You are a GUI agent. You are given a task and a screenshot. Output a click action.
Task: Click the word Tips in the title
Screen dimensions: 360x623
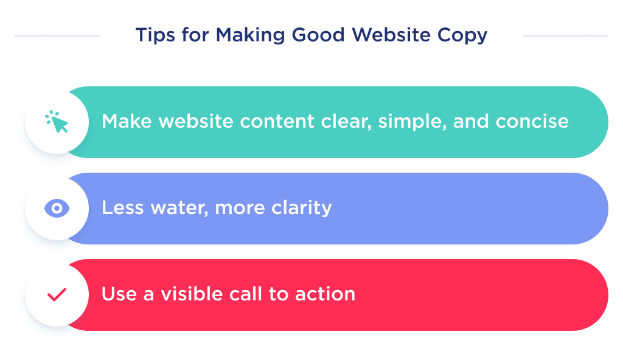pyautogui.click(x=150, y=35)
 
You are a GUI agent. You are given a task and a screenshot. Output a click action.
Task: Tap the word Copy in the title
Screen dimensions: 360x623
pyautogui.click(x=464, y=36)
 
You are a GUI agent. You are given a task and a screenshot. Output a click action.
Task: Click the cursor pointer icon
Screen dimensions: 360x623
pyautogui.click(x=57, y=122)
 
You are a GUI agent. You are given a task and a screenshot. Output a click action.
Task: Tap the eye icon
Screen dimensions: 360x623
pyautogui.click(x=57, y=209)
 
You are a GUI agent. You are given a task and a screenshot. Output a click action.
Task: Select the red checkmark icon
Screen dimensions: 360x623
pyautogui.click(x=57, y=295)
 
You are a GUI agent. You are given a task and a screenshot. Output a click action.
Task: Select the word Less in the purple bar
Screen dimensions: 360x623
pyautogui.click(x=118, y=208)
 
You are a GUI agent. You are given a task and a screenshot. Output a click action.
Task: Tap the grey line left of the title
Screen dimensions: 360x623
pyautogui.click(x=57, y=36)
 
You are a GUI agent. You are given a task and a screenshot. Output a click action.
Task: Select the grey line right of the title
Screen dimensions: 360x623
pyautogui.click(x=565, y=36)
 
